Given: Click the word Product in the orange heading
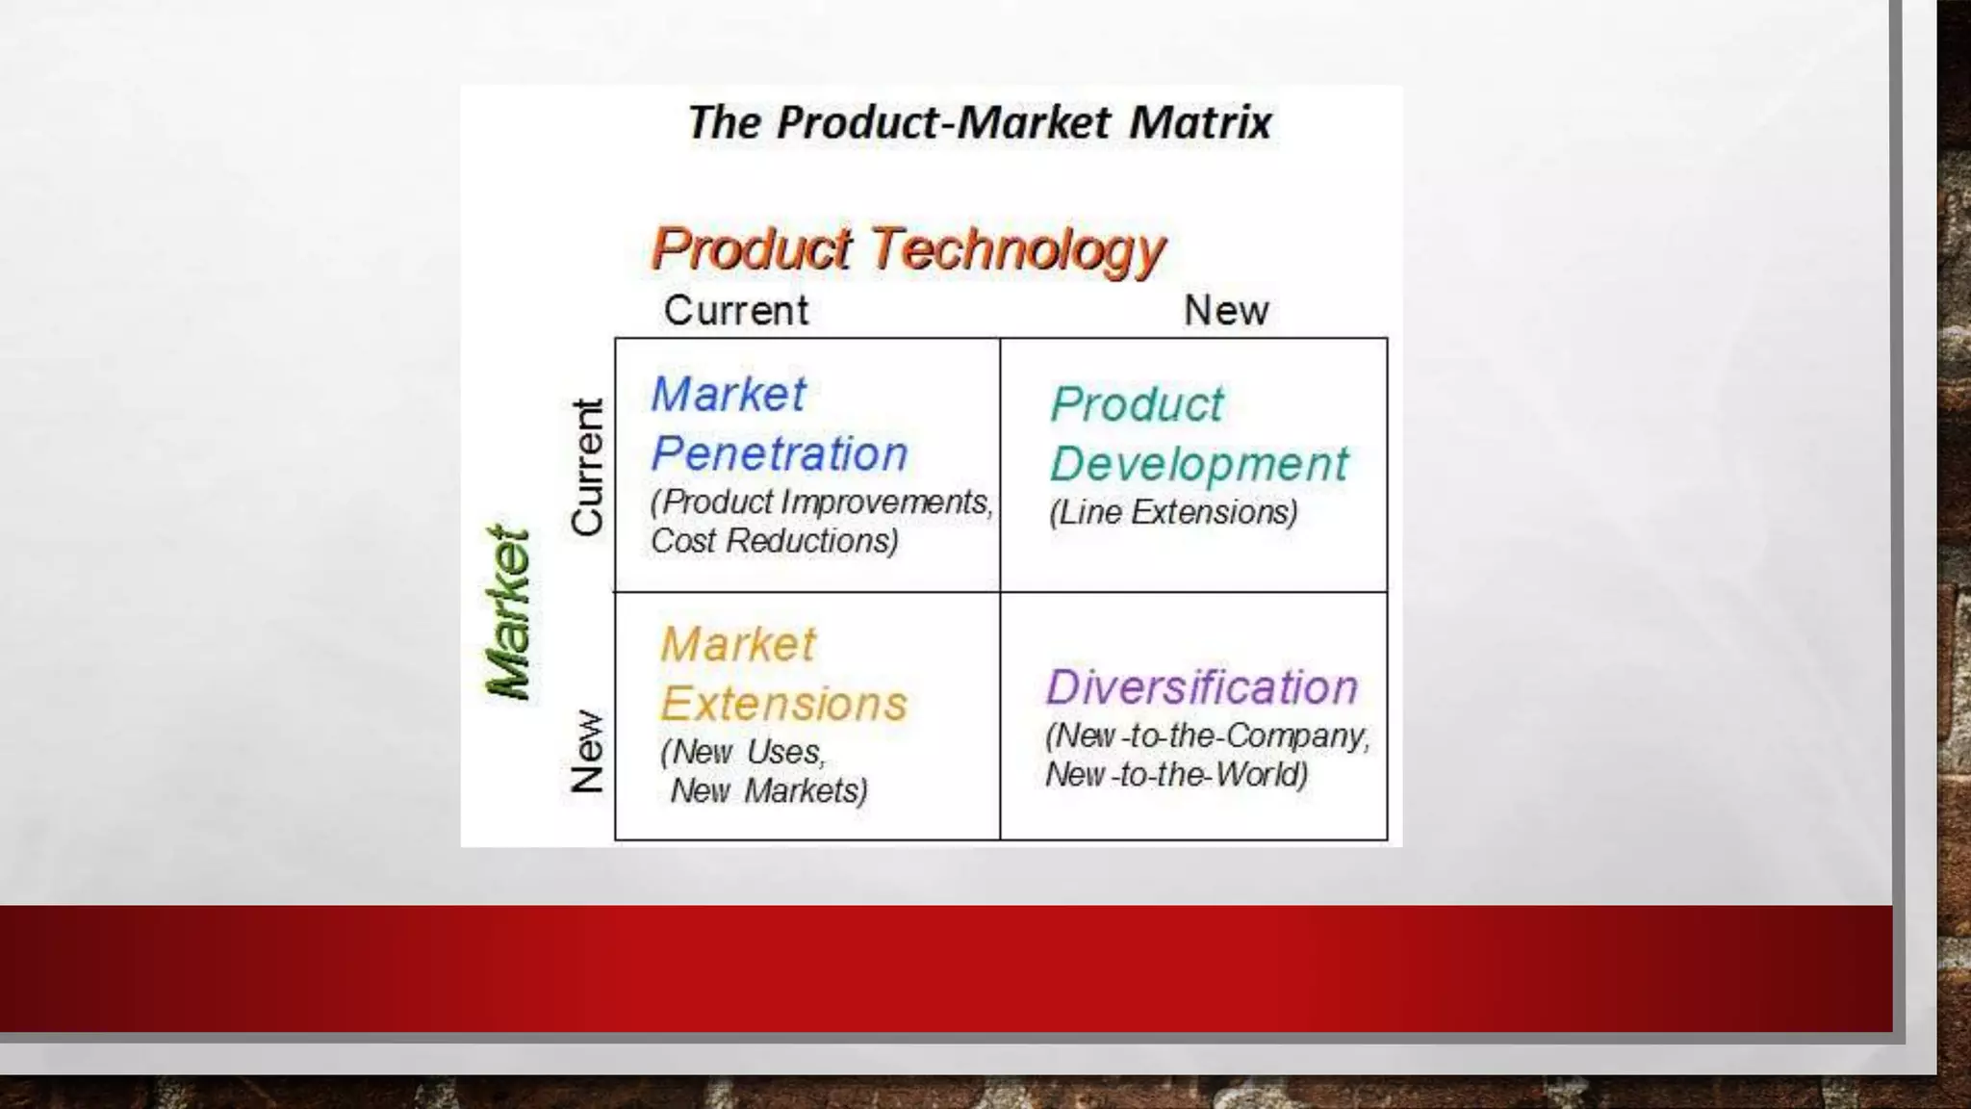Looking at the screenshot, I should (752, 248).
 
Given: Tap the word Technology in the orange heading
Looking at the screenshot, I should (1018, 250).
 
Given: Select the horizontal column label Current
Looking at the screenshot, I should (736, 311).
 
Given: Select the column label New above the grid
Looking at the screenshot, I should (1225, 311).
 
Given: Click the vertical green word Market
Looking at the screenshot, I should (508, 612).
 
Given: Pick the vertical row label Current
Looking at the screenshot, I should (587, 467).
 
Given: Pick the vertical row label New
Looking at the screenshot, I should (587, 752).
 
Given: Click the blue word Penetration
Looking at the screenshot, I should (780, 453).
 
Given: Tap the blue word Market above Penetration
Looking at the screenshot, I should (729, 395).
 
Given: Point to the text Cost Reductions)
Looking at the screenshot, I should (775, 541).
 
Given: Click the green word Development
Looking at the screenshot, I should (1199, 465).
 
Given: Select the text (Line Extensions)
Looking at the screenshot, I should (1173, 512).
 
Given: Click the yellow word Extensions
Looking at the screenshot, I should (783, 704).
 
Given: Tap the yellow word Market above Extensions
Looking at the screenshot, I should (738, 644).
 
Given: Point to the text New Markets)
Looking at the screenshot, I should (769, 791).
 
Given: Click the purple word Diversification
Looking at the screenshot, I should (1202, 687).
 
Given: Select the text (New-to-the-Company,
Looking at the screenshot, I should (1207, 736).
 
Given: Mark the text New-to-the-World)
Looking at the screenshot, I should (1176, 775).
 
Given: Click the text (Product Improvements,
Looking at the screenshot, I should (821, 503).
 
